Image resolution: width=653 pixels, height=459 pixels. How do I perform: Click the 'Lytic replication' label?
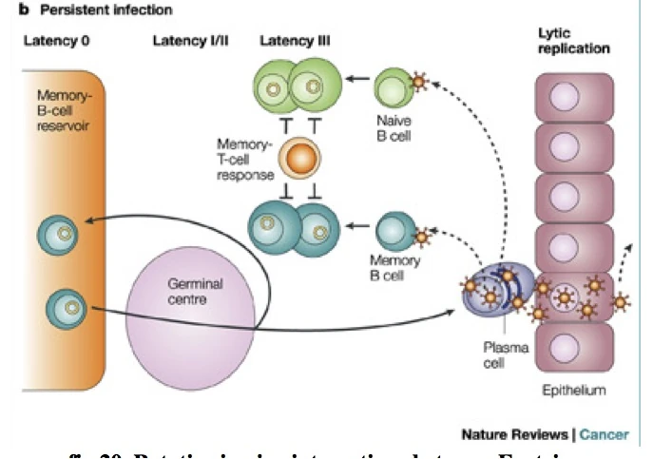[x=573, y=40]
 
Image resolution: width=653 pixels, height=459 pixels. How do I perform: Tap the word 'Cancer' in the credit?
[x=604, y=434]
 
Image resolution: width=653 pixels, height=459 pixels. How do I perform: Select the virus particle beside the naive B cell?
[x=419, y=83]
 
